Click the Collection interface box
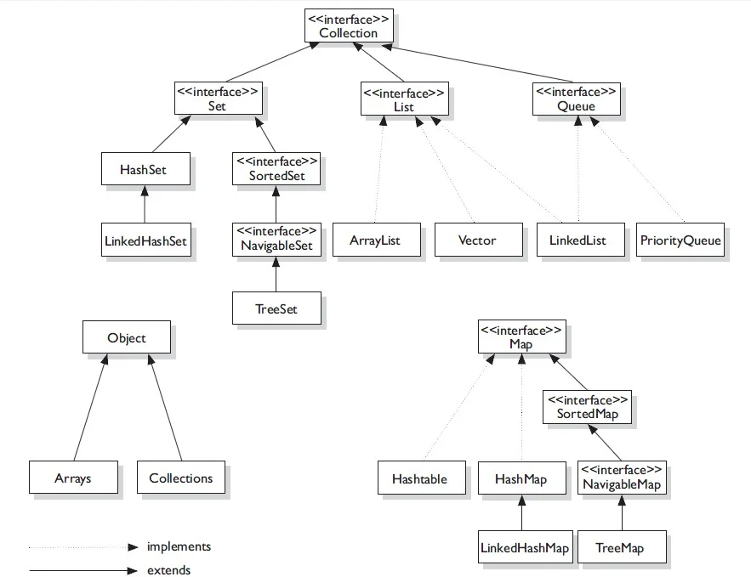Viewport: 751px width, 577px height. [348, 25]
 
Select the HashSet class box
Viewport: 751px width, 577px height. [144, 170]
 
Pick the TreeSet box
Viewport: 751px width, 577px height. [276, 308]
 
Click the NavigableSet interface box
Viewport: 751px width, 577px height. [276, 240]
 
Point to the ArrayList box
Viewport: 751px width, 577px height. [374, 240]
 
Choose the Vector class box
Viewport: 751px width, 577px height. [477, 240]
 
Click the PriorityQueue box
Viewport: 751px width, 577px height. [680, 240]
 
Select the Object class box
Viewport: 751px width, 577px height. [126, 337]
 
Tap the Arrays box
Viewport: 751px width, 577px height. [72, 478]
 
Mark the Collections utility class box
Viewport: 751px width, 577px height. [180, 478]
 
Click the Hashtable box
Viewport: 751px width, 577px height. [418, 478]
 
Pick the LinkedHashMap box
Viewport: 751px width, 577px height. [524, 548]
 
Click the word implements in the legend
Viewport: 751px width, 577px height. [179, 546]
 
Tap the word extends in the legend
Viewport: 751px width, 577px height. [168, 570]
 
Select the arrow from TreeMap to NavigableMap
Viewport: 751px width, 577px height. [622, 513]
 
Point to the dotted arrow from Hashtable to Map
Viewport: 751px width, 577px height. [456, 408]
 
